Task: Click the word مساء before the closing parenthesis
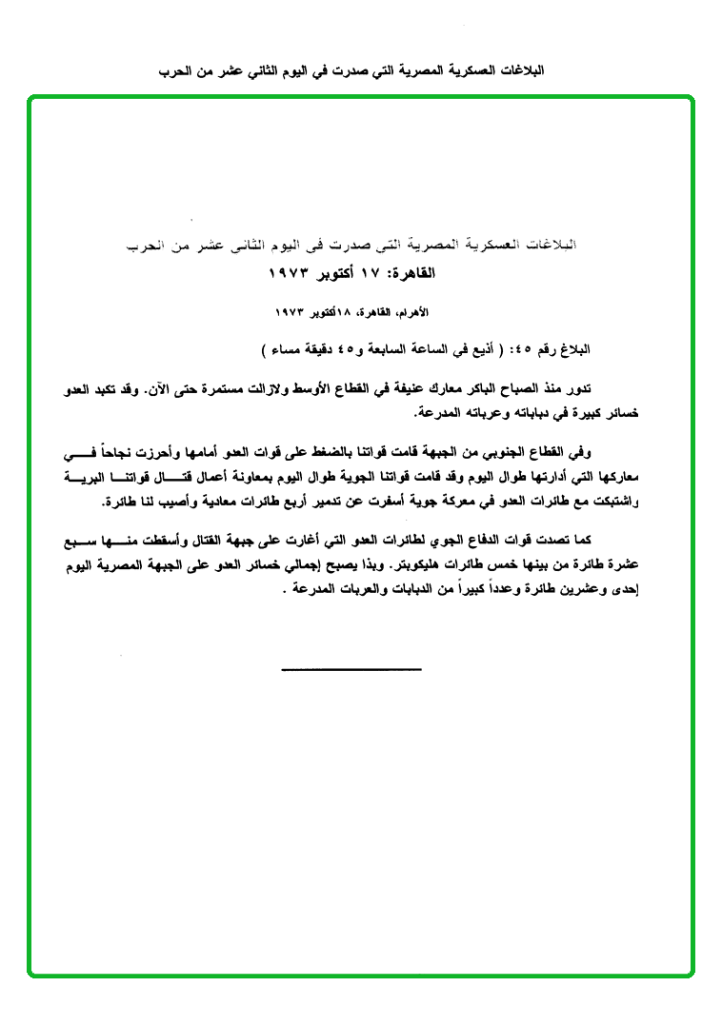click(x=291, y=350)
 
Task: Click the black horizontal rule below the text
click(x=351, y=669)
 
